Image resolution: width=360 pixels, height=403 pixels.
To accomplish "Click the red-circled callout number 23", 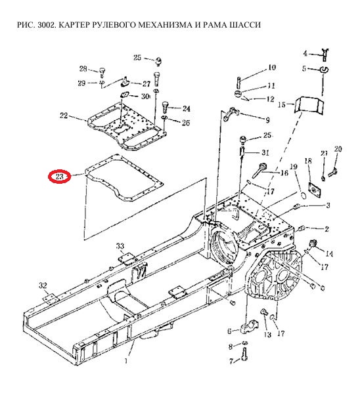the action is [59, 177].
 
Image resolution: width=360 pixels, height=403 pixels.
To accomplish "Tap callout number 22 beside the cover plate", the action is [64, 116].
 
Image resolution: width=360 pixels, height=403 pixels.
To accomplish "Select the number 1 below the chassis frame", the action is [126, 361].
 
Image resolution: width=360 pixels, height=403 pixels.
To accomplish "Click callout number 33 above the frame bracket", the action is [120, 246].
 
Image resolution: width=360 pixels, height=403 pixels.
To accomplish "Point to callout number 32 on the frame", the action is [43, 286].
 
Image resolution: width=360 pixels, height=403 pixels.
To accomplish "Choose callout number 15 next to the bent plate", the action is [282, 105].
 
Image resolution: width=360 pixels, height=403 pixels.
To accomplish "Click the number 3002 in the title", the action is [47, 25].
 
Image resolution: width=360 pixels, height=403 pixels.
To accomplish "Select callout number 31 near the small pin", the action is [265, 152].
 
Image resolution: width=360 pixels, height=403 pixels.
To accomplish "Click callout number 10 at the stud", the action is [272, 68].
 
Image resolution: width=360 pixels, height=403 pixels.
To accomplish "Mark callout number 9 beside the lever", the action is [267, 120].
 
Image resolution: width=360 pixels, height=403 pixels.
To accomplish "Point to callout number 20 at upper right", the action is [338, 149].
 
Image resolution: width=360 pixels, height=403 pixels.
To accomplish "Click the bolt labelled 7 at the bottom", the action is [244, 354].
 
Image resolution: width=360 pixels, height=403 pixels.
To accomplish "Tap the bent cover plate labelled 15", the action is [309, 104].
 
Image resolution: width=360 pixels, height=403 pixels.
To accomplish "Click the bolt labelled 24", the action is [166, 107].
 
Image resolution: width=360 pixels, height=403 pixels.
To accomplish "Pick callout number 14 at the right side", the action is [329, 254].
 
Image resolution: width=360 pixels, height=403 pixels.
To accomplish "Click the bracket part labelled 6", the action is [249, 326].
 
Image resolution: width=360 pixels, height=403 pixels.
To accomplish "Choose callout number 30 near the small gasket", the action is [145, 96].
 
